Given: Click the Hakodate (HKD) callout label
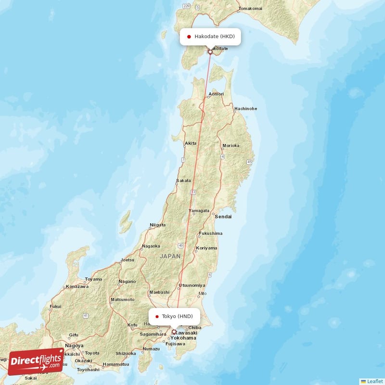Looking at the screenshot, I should [210, 37].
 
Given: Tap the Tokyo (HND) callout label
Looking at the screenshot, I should [174, 316].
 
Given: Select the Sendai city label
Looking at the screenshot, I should [223, 217].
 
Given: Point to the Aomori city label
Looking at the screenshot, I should [216, 94].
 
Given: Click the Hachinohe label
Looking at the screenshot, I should [245, 109].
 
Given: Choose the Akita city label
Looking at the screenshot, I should [191, 143].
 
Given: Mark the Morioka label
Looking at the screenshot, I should [231, 145].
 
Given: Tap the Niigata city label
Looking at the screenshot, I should [157, 225].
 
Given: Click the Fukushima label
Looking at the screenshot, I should [211, 233].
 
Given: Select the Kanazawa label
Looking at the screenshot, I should [77, 286].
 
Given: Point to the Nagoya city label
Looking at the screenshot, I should [74, 346].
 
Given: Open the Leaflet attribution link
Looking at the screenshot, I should [375, 381].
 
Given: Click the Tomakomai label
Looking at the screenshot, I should [250, 9].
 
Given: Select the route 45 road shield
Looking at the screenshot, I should [249, 162].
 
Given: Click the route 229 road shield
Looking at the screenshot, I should [187, 6].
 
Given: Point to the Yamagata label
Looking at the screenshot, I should [199, 211].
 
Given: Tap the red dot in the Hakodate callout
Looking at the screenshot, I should [189, 37].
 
